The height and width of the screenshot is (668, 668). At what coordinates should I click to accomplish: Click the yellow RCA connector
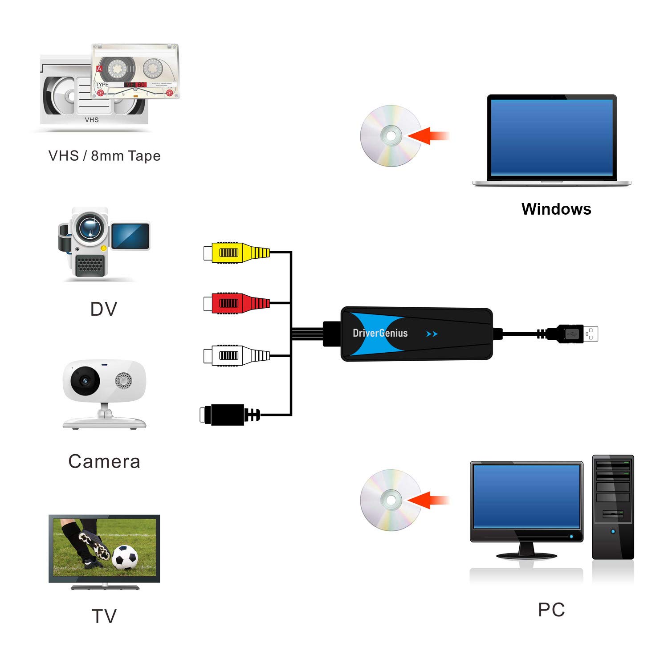click(236, 253)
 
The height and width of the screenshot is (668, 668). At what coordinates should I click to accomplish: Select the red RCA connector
click(236, 303)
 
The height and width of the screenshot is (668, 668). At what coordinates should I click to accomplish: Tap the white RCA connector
click(236, 355)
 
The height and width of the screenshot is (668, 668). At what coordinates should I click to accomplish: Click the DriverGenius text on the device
click(380, 333)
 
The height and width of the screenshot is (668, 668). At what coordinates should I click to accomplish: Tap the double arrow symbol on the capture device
click(432, 334)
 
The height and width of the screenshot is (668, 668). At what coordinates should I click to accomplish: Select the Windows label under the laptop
click(556, 209)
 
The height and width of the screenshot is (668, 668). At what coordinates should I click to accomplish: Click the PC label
click(551, 610)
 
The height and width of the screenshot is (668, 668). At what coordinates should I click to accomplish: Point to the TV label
click(104, 616)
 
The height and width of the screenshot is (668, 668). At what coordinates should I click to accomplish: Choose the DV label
click(104, 309)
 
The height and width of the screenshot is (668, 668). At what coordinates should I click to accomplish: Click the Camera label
click(104, 461)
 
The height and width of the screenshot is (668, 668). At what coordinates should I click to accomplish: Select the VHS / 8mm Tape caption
click(104, 156)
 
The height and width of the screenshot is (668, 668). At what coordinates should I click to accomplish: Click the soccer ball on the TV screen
click(125, 557)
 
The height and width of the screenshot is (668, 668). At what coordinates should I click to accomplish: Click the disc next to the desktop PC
click(391, 500)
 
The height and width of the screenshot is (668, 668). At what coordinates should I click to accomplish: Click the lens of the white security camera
click(85, 381)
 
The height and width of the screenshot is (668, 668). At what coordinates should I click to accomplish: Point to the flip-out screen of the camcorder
click(130, 236)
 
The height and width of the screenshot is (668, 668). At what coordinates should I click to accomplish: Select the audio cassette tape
click(135, 71)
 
